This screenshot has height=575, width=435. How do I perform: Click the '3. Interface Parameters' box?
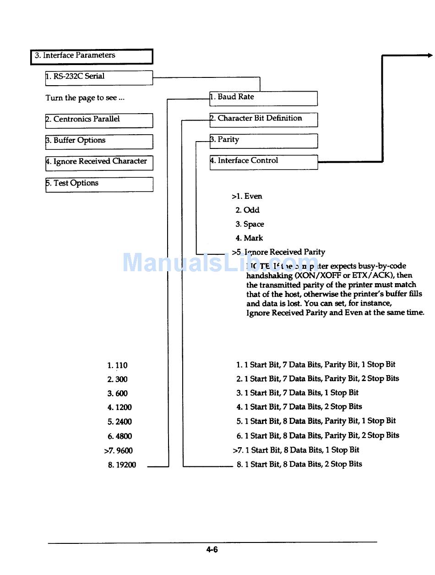(91, 56)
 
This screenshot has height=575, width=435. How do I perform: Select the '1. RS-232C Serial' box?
(99, 77)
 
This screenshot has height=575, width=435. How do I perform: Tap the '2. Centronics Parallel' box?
(99, 120)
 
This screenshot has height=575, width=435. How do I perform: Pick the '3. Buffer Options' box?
(99, 141)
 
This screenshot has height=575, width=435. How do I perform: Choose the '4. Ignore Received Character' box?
(99, 163)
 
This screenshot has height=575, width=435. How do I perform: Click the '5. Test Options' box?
(99, 184)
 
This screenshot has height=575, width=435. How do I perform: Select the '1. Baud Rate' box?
(263, 98)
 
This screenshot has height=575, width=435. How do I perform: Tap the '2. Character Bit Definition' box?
(263, 119)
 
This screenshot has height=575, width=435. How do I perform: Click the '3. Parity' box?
(263, 141)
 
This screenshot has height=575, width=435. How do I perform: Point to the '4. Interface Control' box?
(263, 162)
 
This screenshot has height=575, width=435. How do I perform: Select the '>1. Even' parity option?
(247, 197)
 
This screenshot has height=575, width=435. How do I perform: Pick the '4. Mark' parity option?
(249, 238)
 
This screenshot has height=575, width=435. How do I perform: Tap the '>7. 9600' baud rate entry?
(119, 451)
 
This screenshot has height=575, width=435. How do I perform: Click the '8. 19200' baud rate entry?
(122, 465)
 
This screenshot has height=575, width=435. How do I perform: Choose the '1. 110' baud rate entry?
(118, 366)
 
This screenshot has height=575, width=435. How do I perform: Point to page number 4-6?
(212, 550)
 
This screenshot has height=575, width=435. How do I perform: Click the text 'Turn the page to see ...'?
(85, 98)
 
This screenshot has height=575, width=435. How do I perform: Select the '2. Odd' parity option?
(247, 210)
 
